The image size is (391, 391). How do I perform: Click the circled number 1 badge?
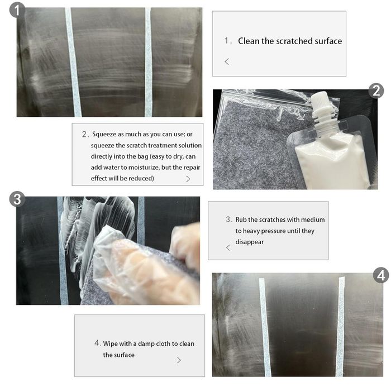[17, 10]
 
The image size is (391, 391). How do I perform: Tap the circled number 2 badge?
[376, 90]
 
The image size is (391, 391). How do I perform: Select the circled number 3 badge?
[17, 199]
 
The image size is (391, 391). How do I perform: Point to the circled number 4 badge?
[381, 275]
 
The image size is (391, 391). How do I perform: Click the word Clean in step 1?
[249, 41]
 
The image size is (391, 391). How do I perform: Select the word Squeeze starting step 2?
[104, 135]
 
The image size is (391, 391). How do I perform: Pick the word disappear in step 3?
[249, 242]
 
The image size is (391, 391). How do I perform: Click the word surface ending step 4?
[124, 355]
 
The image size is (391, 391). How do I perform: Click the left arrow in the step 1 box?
[227, 61]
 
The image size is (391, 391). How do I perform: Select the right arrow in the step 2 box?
[188, 179]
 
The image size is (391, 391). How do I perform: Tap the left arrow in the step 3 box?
[228, 247]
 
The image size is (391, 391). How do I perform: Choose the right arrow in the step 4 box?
[179, 360]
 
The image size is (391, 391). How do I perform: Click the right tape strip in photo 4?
[341, 327]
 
